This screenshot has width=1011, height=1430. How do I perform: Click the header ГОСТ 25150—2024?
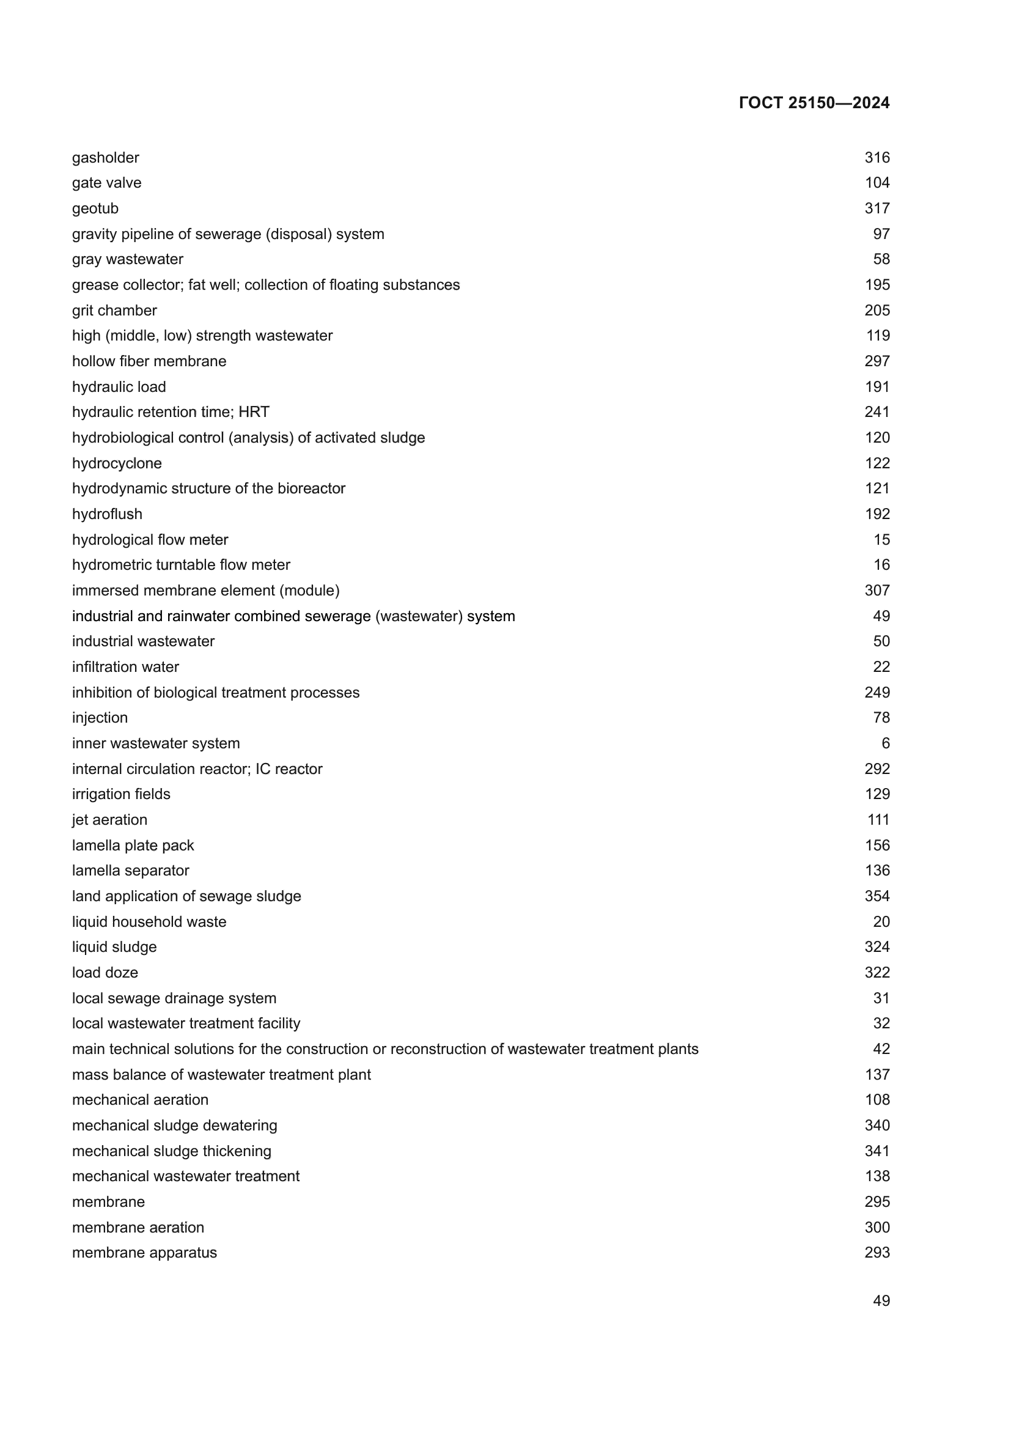tap(814, 103)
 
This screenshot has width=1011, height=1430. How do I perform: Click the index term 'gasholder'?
tap(105, 158)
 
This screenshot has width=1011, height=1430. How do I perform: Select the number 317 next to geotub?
tap(877, 208)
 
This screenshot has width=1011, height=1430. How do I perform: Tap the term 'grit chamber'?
tap(114, 310)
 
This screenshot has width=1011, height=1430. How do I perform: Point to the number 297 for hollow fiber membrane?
tap(877, 361)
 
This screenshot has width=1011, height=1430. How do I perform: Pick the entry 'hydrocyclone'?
tap(116, 463)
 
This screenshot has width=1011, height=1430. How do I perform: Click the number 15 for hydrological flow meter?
tap(881, 539)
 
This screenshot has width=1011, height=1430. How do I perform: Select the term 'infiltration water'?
tap(125, 667)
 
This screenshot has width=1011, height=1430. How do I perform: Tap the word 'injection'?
tap(100, 718)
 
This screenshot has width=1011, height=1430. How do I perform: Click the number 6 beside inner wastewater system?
tap(885, 743)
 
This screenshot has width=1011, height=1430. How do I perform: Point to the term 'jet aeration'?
tap(109, 820)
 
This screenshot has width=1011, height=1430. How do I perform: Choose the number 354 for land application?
tap(877, 896)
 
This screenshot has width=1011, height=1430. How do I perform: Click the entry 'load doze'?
tap(105, 972)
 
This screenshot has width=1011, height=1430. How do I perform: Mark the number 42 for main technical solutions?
tap(881, 1049)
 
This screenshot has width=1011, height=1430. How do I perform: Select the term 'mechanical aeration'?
tap(140, 1100)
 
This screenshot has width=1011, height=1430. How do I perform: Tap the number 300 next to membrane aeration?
tap(877, 1228)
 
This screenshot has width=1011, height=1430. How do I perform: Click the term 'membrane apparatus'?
tap(144, 1253)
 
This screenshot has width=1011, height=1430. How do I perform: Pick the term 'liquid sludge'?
tap(114, 946)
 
